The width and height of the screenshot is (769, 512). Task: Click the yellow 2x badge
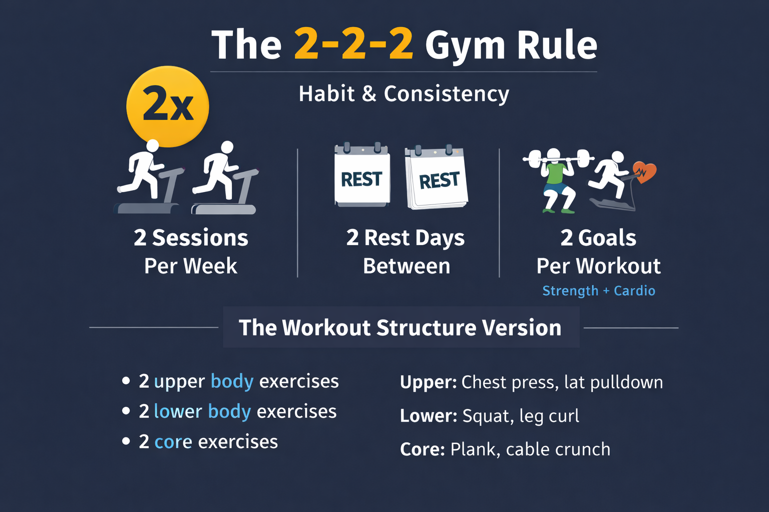pos(168,106)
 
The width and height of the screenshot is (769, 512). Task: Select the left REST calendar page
pos(362,175)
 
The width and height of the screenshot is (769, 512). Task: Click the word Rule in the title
pos(557,44)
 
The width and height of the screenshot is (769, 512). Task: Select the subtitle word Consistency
pos(446,94)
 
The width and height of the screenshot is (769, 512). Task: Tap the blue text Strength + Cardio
pos(599,291)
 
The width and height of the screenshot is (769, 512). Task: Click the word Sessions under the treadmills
pos(200,237)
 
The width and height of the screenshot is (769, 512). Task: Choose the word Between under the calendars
pos(407,266)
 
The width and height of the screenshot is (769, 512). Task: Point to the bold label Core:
pos(423,449)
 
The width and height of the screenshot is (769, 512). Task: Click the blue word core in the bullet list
pos(173,441)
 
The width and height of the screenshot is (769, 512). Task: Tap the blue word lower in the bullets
pos(178,411)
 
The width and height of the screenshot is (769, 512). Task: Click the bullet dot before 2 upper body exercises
pos(126,380)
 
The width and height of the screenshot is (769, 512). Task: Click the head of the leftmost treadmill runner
pos(152,145)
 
